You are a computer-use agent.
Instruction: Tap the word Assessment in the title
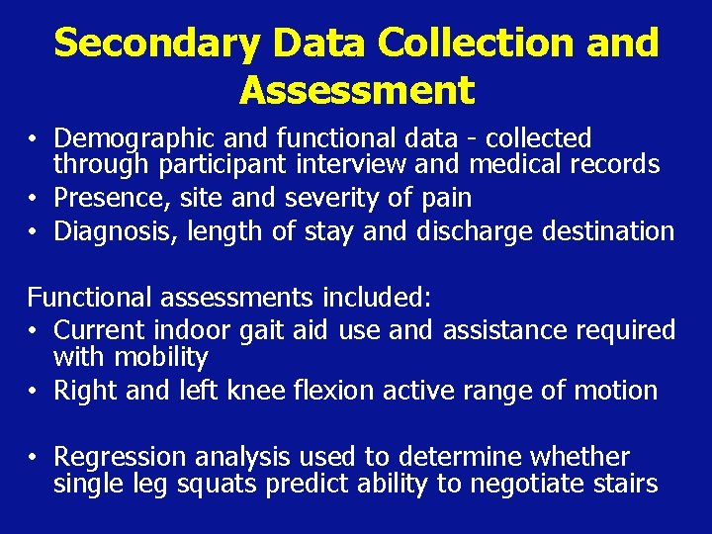click(x=356, y=91)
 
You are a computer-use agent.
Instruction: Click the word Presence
click(x=110, y=198)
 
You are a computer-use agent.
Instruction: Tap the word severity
click(x=332, y=198)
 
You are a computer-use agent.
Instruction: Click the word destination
click(x=609, y=231)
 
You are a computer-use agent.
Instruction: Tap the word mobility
click(x=159, y=356)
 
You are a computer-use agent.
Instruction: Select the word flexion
click(x=332, y=391)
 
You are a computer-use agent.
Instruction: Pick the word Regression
click(x=120, y=457)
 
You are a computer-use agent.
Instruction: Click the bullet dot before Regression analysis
click(x=33, y=457)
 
